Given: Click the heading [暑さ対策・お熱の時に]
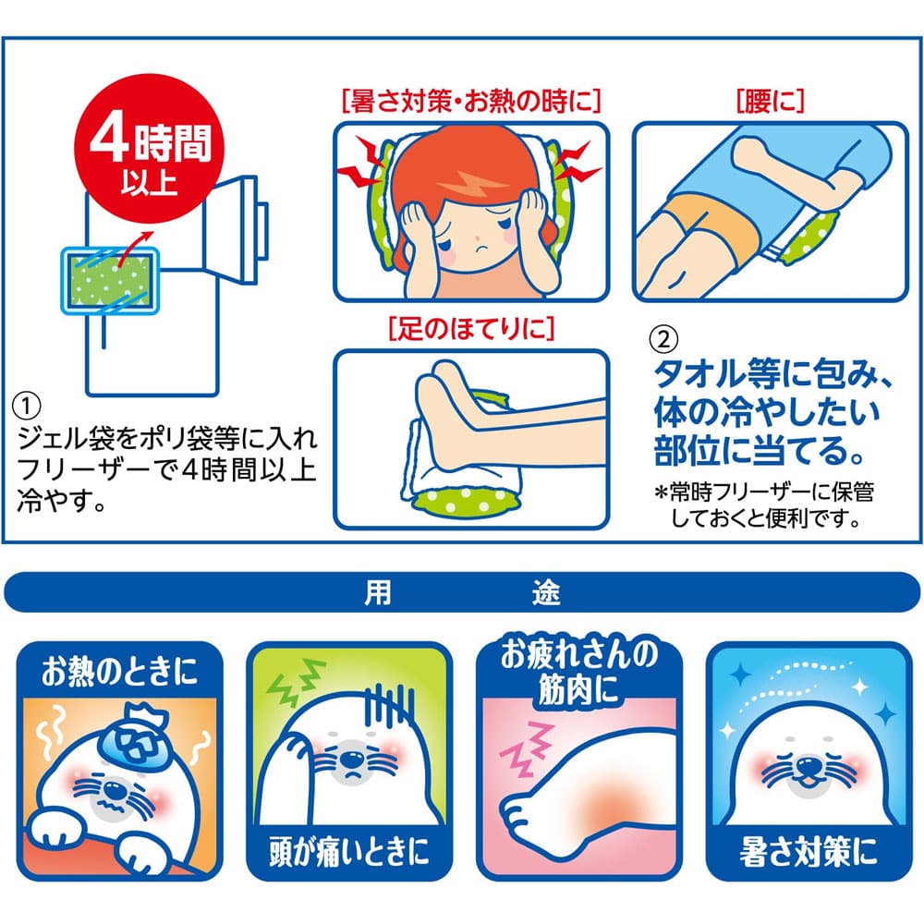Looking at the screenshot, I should (471, 100).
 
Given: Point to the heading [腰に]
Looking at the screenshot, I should (770, 100).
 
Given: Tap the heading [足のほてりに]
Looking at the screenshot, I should (471, 326).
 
